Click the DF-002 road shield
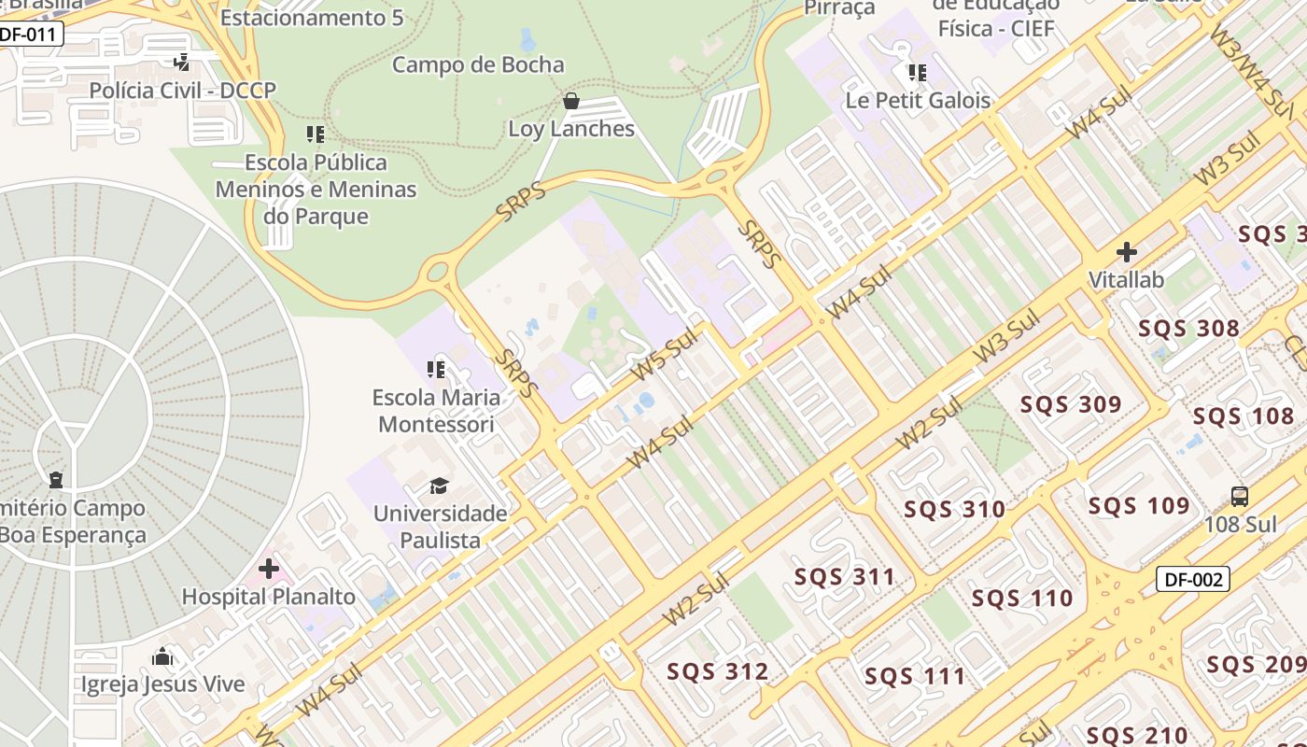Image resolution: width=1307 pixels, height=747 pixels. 1194,579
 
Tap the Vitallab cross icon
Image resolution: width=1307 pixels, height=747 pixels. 1127,252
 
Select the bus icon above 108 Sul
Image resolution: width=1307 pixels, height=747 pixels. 1240,497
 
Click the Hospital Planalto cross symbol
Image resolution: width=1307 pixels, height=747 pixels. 269,568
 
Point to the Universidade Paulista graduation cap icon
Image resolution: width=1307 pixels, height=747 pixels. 439,486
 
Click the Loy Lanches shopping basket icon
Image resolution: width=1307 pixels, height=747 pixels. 570,101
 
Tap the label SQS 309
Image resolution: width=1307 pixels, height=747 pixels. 1070,405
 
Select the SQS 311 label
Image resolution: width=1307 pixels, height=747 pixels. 844,577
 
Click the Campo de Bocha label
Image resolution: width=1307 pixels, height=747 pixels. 478,64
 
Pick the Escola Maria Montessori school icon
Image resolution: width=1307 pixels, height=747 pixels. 435,370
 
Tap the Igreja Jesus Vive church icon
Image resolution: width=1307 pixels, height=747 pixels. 162,656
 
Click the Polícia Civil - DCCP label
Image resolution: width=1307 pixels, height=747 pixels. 183,90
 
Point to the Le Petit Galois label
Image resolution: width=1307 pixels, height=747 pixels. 918,100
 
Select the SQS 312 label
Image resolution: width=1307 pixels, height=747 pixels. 717,671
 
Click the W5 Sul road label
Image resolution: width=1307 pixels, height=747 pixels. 665,355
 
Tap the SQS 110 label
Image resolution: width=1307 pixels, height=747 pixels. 1022,598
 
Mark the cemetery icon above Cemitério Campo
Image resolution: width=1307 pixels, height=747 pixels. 56,480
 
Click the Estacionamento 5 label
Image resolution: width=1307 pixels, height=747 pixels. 312,18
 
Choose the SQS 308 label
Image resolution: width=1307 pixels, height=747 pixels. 1188,329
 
